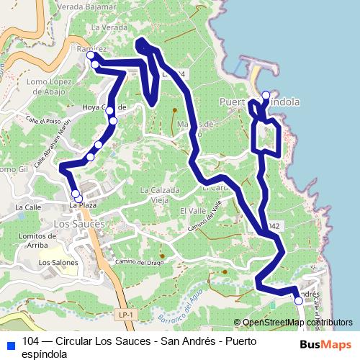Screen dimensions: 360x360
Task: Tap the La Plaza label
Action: (82, 206)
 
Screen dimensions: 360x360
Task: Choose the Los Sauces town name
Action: (79, 224)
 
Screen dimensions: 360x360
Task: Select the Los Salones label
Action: (58, 263)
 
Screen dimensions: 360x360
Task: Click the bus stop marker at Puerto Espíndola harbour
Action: (266, 95)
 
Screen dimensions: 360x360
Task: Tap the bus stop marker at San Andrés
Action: (299, 302)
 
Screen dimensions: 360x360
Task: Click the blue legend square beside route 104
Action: (11, 343)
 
